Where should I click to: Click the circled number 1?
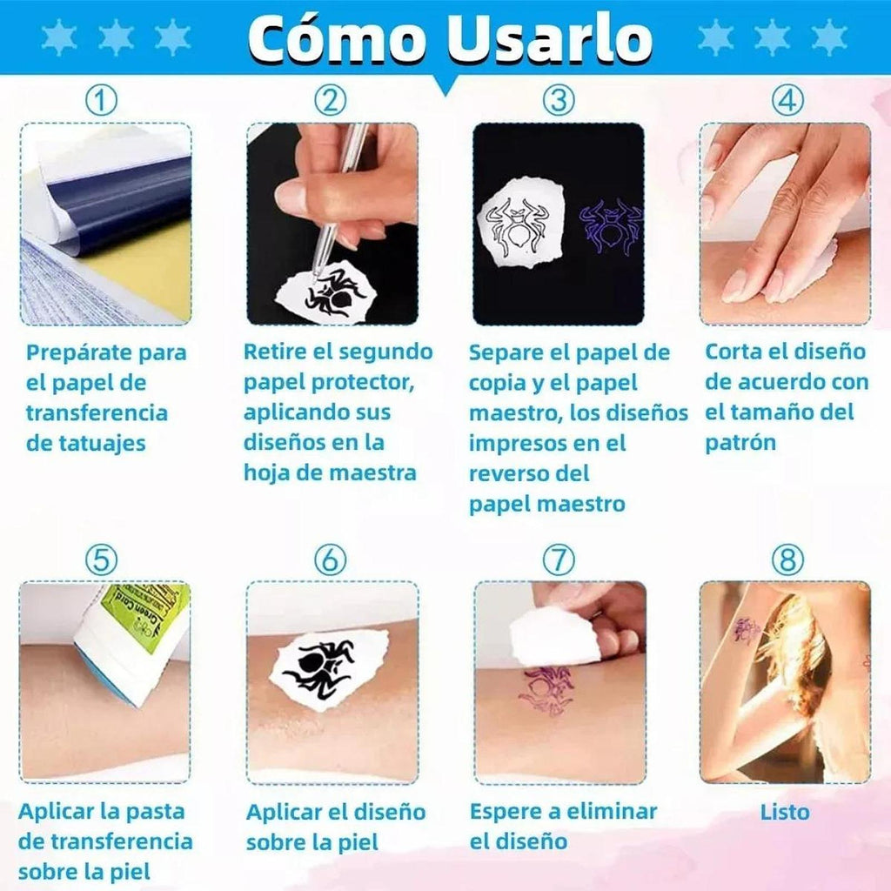(101, 101)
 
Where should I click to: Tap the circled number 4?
(787, 101)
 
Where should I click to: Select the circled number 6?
(330, 559)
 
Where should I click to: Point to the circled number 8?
(787, 559)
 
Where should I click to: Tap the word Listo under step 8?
(785, 812)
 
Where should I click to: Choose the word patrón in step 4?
(740, 443)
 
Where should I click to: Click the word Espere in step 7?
(506, 813)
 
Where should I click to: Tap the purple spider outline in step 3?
(610, 225)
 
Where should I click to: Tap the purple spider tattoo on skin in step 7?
(546, 690)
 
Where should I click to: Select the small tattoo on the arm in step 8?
(746, 631)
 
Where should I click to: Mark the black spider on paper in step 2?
(335, 291)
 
